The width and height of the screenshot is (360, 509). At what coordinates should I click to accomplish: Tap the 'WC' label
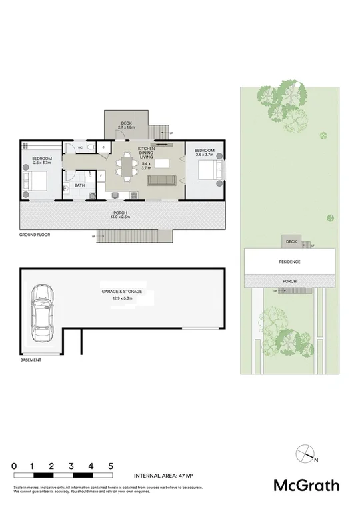(x=80, y=147)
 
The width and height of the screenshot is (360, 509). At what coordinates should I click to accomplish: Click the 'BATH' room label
(x=79, y=186)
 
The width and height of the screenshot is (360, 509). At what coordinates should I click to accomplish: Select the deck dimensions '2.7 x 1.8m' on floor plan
(x=126, y=127)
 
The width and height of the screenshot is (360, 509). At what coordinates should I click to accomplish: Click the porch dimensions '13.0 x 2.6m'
(x=121, y=217)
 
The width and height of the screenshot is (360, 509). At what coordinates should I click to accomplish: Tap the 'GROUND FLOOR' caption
(x=35, y=235)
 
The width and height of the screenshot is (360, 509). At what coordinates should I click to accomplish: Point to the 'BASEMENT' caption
(x=31, y=360)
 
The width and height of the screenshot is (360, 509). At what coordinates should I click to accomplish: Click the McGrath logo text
(x=306, y=485)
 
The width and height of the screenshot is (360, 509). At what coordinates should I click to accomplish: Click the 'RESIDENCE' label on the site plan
(x=289, y=262)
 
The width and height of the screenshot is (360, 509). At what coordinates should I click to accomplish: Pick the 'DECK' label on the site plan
(x=291, y=241)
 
